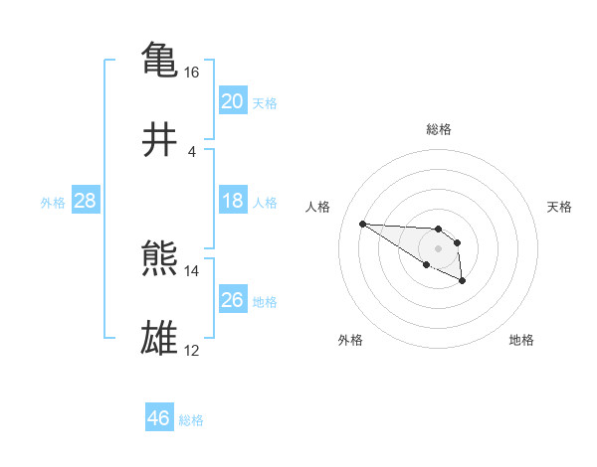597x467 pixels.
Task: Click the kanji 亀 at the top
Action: (x=160, y=60)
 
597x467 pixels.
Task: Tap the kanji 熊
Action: (x=160, y=259)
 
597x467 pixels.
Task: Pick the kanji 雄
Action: (x=160, y=339)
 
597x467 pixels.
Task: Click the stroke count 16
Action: (x=192, y=73)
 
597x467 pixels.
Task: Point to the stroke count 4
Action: (x=192, y=152)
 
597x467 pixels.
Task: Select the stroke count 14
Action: (x=192, y=270)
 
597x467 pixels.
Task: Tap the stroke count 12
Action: (x=192, y=350)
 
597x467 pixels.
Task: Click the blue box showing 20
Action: (x=232, y=101)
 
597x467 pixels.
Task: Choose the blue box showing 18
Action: (x=232, y=201)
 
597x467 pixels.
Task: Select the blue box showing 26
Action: (x=232, y=300)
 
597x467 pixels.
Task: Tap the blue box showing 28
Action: (x=85, y=201)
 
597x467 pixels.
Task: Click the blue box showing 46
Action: (x=159, y=418)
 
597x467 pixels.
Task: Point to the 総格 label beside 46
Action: (x=191, y=420)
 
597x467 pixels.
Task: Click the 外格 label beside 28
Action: (x=53, y=203)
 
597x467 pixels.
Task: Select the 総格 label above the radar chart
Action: (x=438, y=129)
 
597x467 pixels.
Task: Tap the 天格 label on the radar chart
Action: (x=560, y=207)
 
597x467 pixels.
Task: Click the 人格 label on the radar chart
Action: (x=317, y=207)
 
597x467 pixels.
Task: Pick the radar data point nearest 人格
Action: (x=362, y=224)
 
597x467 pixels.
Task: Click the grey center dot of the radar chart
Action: (x=438, y=247)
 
